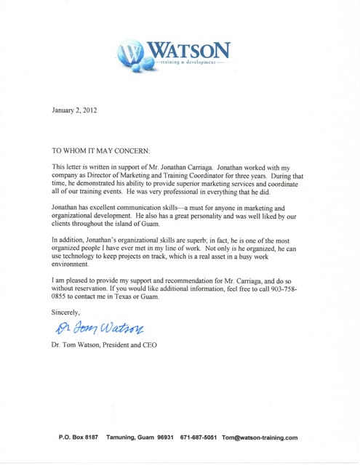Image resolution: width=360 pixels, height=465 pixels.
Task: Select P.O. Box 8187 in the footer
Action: tap(78, 437)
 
